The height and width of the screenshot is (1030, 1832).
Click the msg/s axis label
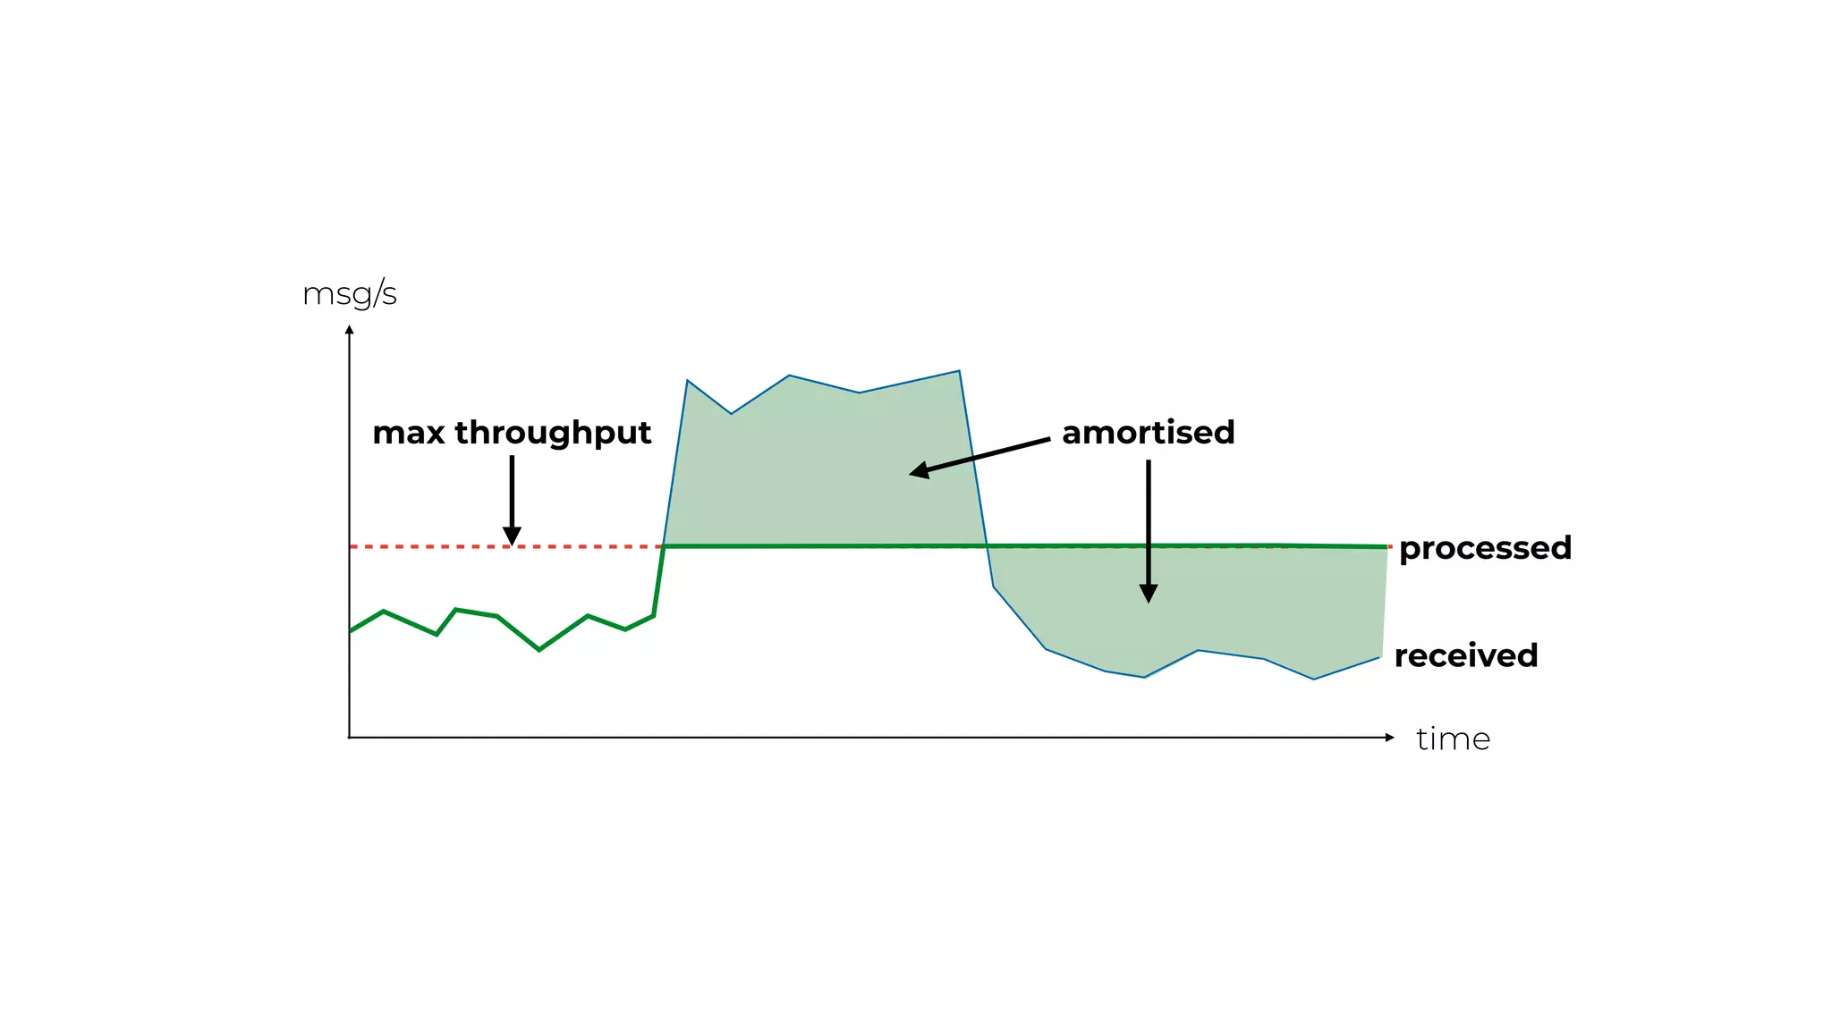[350, 294]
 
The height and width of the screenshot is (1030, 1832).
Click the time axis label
[1453, 739]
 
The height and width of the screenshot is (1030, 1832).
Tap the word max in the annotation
[408, 433]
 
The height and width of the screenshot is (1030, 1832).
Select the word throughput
[553, 434]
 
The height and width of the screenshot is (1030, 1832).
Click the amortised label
[1148, 433]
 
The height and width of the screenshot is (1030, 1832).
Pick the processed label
[1485, 548]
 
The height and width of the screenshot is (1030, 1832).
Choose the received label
[1465, 655]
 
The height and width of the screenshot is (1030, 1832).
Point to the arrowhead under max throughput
[512, 536]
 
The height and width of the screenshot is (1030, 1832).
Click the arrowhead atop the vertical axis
[350, 330]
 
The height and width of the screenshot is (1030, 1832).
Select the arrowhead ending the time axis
[1389, 738]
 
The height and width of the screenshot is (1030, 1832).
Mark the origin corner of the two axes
[350, 738]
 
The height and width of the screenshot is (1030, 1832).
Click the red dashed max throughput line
[429, 546]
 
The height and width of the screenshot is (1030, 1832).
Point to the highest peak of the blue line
[959, 371]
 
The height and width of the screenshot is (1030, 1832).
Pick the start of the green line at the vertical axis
[351, 631]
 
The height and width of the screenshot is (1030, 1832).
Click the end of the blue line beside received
[1379, 658]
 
